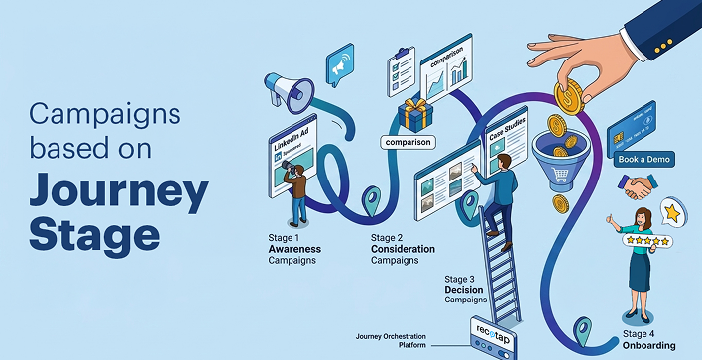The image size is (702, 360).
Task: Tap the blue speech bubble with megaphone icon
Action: point(339,65)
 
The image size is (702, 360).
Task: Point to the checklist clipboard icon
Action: point(401,72)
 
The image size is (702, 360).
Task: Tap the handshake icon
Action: point(638,185)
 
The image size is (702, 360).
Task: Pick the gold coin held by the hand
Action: point(570,99)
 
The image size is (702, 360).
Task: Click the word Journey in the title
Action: point(117,189)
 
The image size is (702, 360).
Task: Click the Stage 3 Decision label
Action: point(466,289)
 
